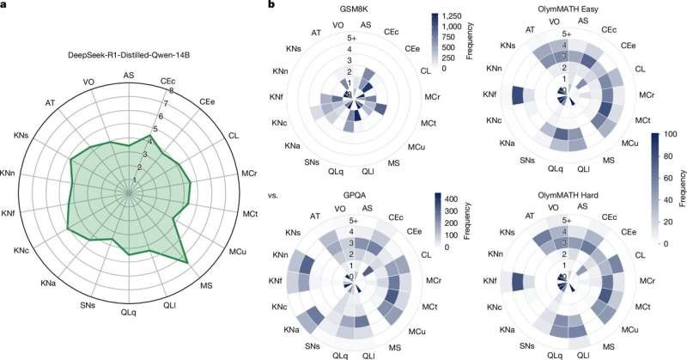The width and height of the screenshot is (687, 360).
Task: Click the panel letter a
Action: (x=7, y=7)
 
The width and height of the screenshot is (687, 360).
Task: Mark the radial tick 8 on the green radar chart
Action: (x=173, y=91)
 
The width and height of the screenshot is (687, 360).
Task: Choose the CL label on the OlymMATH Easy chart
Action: (x=640, y=68)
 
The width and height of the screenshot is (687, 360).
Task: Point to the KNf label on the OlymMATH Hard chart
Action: (x=491, y=281)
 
